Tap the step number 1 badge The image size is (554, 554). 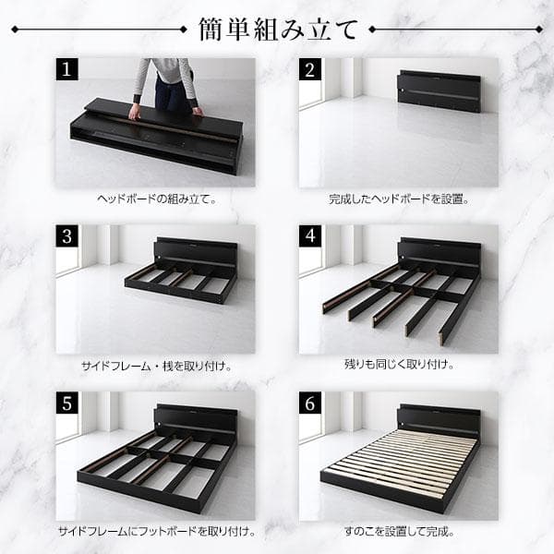click(67, 70)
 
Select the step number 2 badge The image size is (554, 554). click(311, 70)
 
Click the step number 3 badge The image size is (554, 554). click(67, 236)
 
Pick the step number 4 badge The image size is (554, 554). click(311, 236)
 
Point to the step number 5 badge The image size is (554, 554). click(67, 403)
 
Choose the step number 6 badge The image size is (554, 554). click(311, 403)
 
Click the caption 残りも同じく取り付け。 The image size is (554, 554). click(399, 366)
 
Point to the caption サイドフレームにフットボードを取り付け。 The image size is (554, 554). click(156, 532)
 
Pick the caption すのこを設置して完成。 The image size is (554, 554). click(399, 532)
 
